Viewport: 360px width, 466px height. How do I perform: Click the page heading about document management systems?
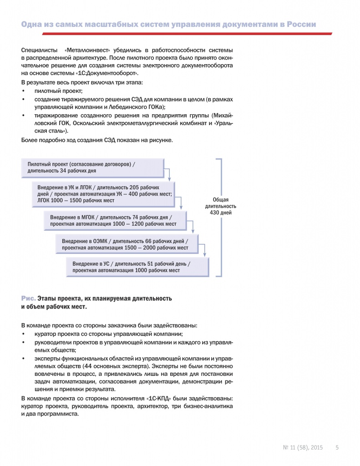[168, 25]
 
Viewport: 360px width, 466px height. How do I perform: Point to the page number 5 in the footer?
[337, 447]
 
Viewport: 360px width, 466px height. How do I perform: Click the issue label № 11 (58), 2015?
[303, 447]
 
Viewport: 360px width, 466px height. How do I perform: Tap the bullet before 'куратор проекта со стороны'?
[23, 334]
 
